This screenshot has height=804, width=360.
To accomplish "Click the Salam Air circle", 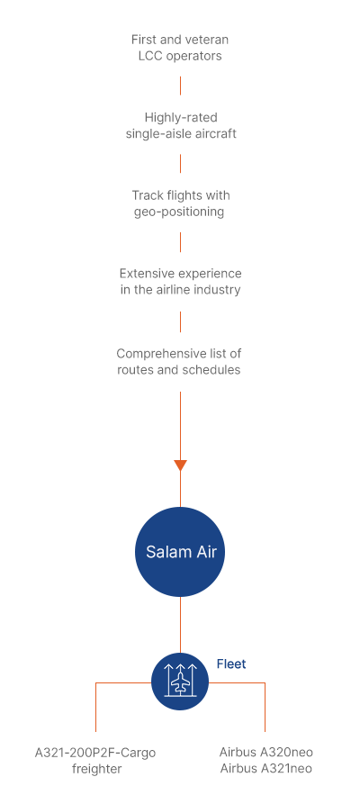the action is pos(180,552).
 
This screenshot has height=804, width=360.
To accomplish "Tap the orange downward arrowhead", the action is pos(180,465).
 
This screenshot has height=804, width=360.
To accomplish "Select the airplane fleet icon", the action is pos(180,682).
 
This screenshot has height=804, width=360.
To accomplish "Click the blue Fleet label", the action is pos(231,664).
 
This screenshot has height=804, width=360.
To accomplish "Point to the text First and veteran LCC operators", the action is pos(180,48).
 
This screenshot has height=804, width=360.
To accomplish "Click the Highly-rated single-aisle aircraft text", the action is pos(181,126).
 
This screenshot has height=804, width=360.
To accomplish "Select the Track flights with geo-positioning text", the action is pos(181,203).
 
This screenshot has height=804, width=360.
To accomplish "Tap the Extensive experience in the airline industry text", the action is pos(181,282).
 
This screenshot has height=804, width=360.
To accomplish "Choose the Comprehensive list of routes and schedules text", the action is pos(179,362).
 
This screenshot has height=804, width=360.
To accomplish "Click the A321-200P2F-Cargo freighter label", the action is pos(95,761).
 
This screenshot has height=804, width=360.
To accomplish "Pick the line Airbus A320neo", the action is pos(266,752).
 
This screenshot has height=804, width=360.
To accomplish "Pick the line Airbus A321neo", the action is pos(266,769).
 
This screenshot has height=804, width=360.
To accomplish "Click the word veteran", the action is pos(208,40).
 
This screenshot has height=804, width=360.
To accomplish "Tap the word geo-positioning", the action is pos(179,212).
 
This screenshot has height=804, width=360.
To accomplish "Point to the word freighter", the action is pos(97,769).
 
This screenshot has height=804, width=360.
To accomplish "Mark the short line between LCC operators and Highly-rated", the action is pos(180,86).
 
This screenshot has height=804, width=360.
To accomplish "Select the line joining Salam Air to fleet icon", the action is pos(180,625).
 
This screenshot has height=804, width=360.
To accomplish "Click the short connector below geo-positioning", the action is pos(180,242).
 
